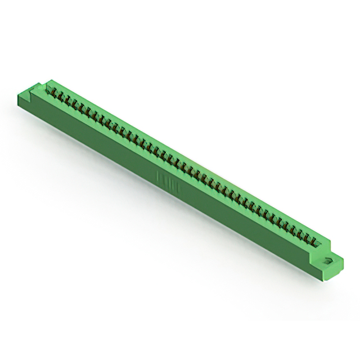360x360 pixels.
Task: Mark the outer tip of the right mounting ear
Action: coord(343,260)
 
